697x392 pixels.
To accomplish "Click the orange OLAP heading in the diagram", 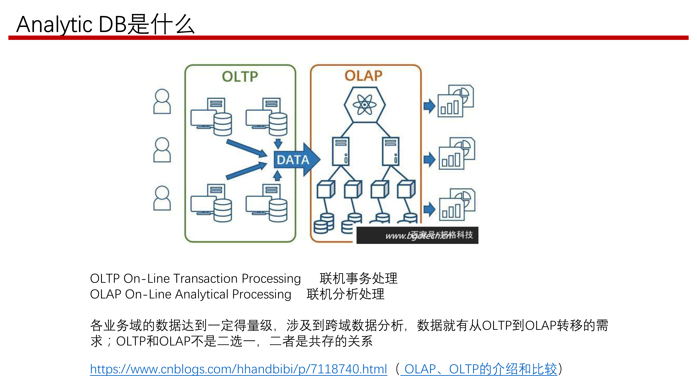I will click(363, 76).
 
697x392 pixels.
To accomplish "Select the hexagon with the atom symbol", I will click(365, 105).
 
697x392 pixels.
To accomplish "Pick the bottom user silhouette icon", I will click(162, 198).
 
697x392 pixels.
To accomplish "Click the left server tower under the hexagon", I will click(341, 151).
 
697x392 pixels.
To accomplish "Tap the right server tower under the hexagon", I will click(390, 151).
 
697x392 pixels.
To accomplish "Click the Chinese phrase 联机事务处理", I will click(358, 279).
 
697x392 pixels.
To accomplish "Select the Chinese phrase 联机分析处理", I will click(345, 294).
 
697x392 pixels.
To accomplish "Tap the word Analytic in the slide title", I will click(54, 25).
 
